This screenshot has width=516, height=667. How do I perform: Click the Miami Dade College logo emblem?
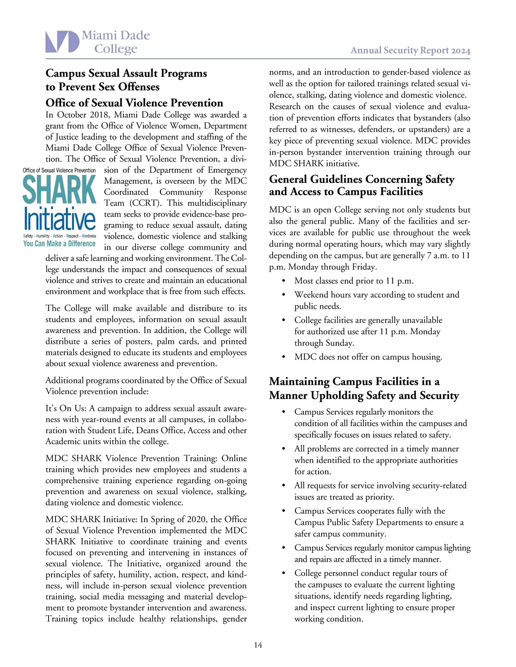click(62, 42)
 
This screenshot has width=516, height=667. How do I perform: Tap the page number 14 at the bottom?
click(258, 645)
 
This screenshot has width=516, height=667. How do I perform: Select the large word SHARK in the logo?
click(59, 190)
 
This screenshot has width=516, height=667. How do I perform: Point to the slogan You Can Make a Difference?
click(59, 244)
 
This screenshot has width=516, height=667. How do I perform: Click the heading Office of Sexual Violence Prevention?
click(134, 103)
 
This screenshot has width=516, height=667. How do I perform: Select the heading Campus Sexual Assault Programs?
click(126, 73)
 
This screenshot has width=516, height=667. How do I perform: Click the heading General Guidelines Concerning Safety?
click(362, 179)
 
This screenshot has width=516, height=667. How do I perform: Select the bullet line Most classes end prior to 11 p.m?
click(353, 281)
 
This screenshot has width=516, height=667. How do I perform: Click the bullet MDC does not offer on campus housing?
click(368, 357)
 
